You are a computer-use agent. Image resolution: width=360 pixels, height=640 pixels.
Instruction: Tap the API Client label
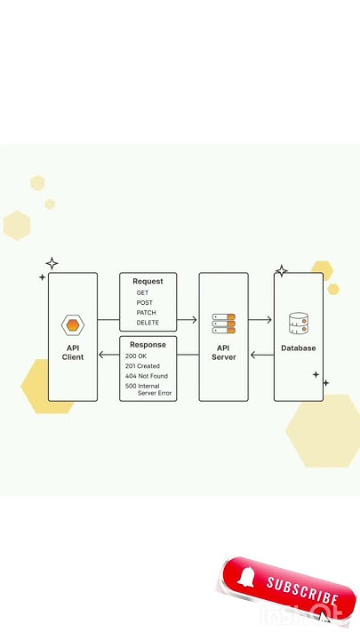pyautogui.click(x=73, y=352)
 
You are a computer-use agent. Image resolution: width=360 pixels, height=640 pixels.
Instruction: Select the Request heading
pyautogui.click(x=148, y=282)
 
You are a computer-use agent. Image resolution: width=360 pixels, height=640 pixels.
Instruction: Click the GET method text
pyautogui.click(x=142, y=292)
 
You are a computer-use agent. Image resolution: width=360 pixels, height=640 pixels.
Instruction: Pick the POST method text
pyautogui.click(x=144, y=303)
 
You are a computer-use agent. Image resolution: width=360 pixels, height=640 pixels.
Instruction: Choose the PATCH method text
pyautogui.click(x=146, y=313)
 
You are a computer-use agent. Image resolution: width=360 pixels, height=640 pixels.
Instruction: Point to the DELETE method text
pyautogui.click(x=148, y=323)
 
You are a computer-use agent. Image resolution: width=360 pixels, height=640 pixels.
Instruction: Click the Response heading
pyautogui.click(x=148, y=345)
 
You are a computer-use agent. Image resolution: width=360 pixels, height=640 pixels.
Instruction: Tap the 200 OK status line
pyautogui.click(x=137, y=356)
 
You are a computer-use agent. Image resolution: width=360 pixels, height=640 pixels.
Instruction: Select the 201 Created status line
pyautogui.click(x=142, y=365)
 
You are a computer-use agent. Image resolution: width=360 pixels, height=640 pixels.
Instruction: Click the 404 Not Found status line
pyautogui.click(x=146, y=376)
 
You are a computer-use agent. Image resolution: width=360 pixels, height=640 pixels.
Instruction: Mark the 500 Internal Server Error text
pyautogui.click(x=148, y=389)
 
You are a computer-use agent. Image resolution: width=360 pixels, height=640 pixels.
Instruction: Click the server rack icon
pyautogui.click(x=223, y=324)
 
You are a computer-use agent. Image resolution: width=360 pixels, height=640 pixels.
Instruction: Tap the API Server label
pyautogui.click(x=223, y=353)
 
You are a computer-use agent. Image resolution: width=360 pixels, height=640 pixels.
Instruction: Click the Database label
pyautogui.click(x=298, y=348)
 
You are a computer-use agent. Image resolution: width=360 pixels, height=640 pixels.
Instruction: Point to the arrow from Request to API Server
pyautogui.click(x=188, y=319)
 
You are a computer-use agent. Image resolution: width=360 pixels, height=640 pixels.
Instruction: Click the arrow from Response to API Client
pyautogui.click(x=108, y=356)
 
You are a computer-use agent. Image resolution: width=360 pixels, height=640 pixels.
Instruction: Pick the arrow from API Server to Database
pyautogui.click(x=260, y=319)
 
